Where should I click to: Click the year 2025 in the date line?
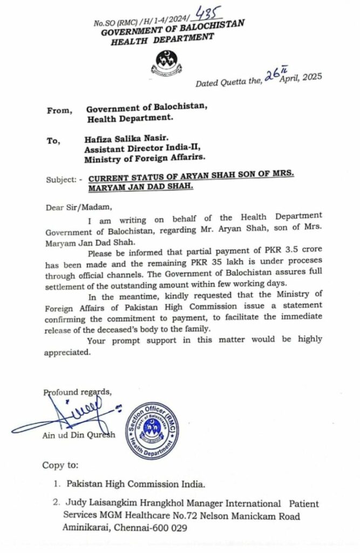(310, 77)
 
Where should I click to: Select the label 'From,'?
(59, 110)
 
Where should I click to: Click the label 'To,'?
(52, 140)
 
